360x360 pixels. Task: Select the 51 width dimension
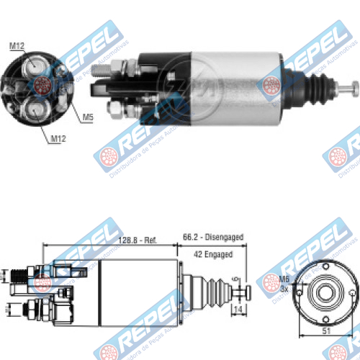pyautogui.click(x=326, y=330)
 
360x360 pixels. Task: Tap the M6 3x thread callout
pyautogui.click(x=284, y=284)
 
